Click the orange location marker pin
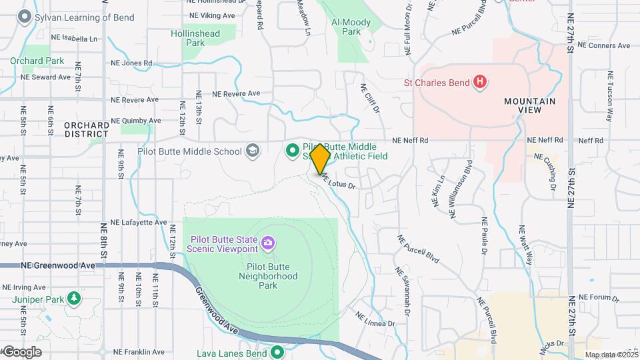(320, 157)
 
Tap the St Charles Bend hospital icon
(479, 83)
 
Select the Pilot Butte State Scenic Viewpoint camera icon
(268, 241)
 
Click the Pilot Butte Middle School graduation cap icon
(252, 151)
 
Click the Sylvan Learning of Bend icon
(26, 17)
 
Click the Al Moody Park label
(351, 27)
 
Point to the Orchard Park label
(37, 61)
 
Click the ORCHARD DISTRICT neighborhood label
(87, 129)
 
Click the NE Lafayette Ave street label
(139, 222)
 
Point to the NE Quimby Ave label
(136, 121)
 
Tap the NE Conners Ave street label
(604, 46)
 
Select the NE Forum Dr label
(599, 298)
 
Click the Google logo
(21, 352)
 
